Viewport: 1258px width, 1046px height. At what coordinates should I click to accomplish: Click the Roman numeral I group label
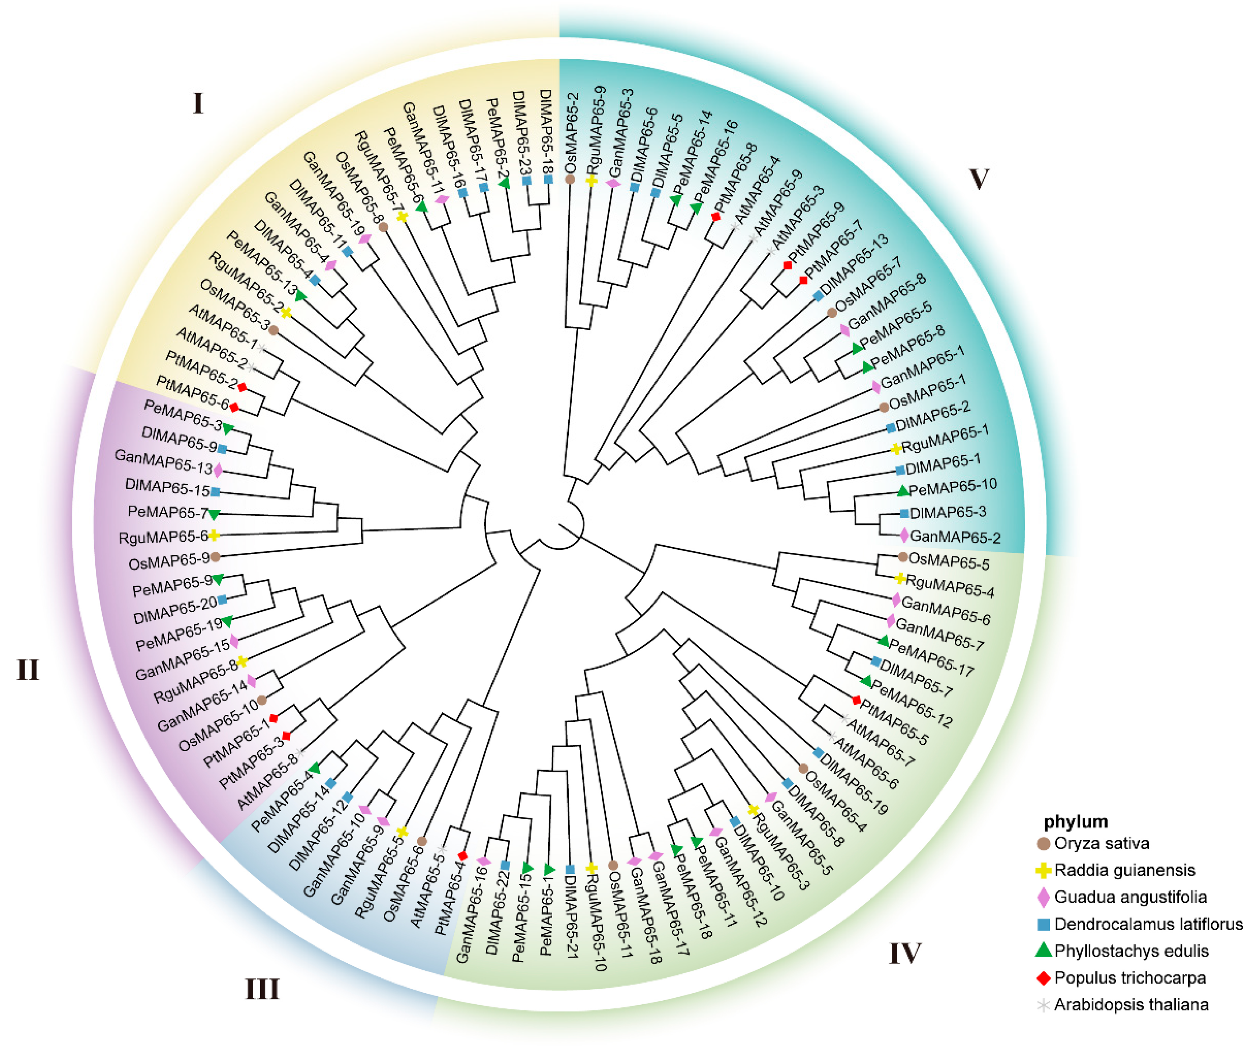point(198,103)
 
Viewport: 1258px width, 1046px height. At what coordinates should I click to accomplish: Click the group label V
point(978,178)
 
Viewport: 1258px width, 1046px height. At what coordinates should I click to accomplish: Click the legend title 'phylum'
point(1075,821)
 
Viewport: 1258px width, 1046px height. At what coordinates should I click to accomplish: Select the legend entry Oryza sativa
point(1101,844)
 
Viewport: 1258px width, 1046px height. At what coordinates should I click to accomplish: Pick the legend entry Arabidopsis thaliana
point(1131,1005)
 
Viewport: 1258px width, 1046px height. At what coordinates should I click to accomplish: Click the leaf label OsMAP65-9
point(169,562)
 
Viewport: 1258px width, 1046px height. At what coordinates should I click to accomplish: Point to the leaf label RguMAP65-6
point(163,537)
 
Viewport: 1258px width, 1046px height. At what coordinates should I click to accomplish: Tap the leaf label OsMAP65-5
point(949,562)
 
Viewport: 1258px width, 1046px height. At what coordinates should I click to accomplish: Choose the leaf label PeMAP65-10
point(952,487)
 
